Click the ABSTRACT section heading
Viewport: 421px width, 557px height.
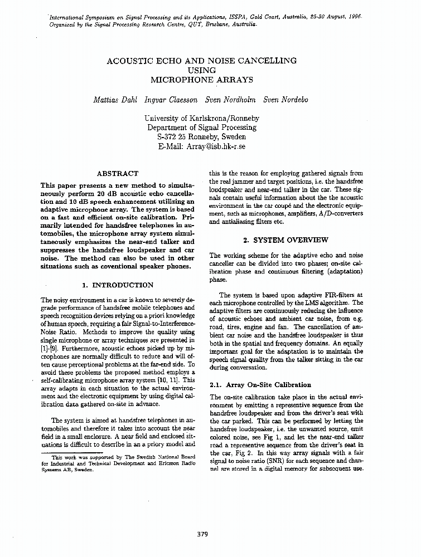118,174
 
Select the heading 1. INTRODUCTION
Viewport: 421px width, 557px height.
118,285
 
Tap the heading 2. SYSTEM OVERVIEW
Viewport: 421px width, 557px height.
286,240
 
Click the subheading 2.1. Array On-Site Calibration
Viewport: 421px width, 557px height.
260,385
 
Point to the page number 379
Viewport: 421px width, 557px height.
202,534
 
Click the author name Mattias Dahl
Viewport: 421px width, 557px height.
115,100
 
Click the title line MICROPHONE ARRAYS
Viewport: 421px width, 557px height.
202,80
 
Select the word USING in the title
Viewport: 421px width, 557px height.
202,70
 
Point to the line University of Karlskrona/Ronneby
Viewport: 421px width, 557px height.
202,118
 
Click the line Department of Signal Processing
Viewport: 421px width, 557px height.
202,128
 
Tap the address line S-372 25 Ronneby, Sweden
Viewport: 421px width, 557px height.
202,137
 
